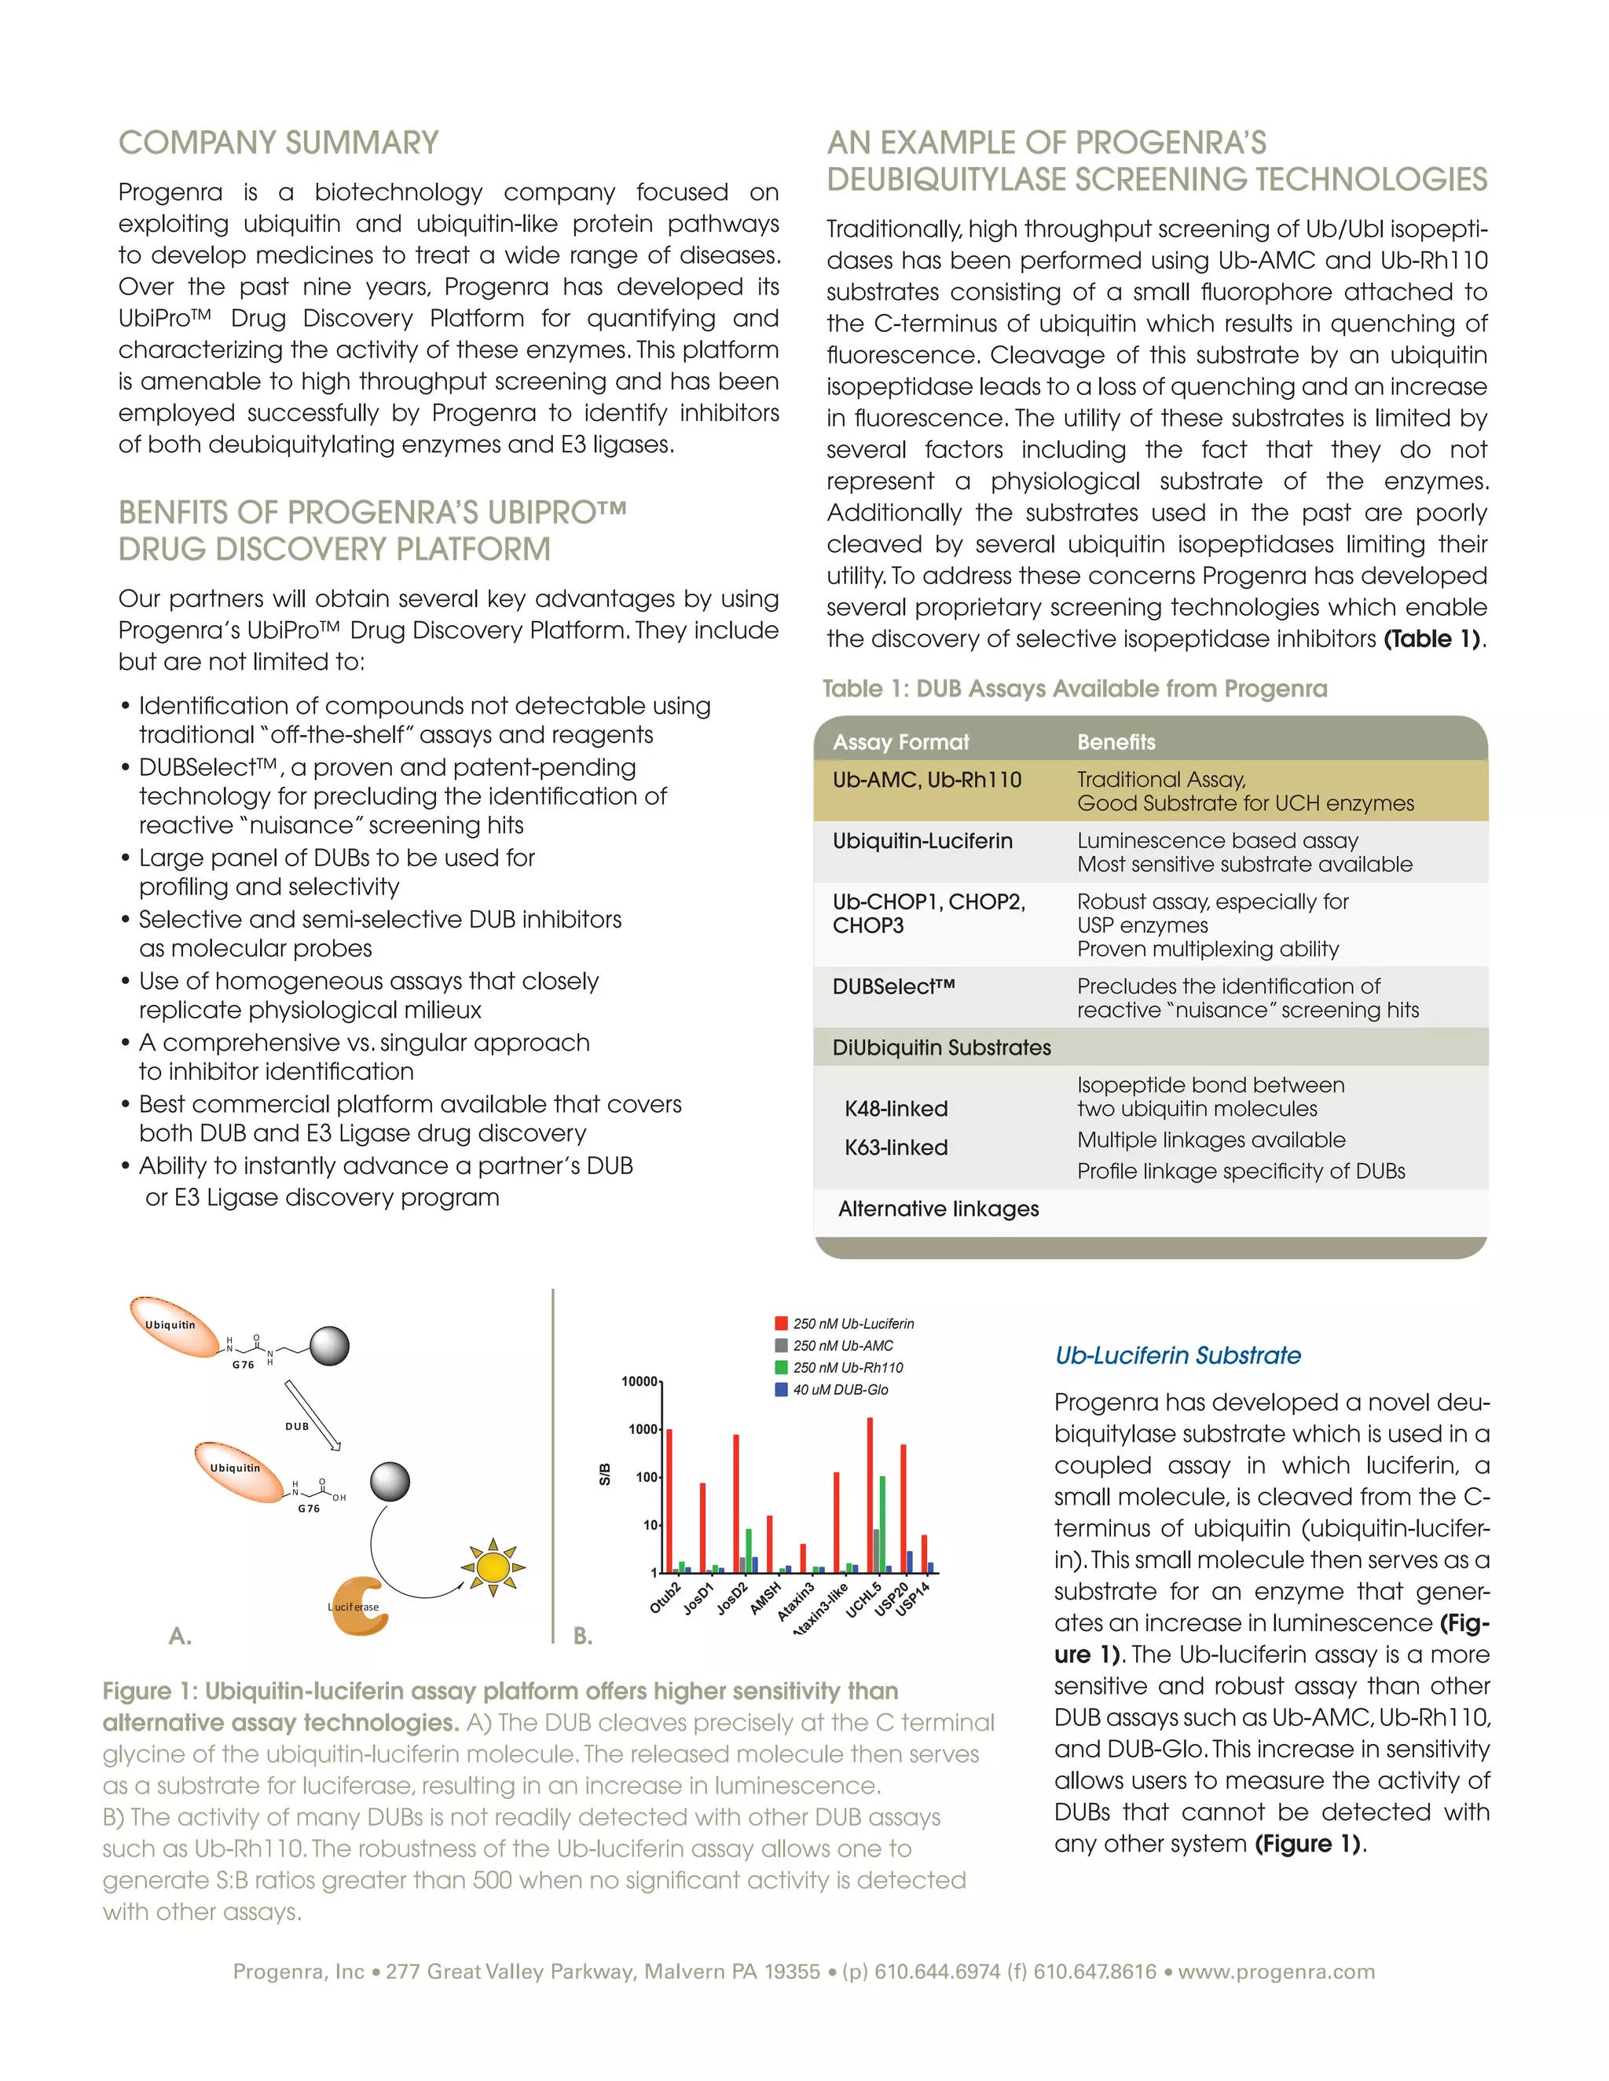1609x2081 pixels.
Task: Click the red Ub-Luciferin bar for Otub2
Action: pyautogui.click(x=669, y=1500)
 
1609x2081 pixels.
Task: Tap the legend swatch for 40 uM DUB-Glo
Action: pyautogui.click(x=782, y=1389)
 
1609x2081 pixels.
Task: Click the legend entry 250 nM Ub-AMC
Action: pyautogui.click(x=843, y=1345)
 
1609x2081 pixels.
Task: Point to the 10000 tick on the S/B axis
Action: pyautogui.click(x=640, y=1381)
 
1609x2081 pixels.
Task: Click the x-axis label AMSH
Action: pyautogui.click(x=764, y=1597)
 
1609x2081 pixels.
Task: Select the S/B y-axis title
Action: pyautogui.click(x=604, y=1474)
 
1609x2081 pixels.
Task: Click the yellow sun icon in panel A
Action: pyautogui.click(x=493, y=1567)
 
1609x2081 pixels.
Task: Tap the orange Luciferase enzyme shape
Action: pyautogui.click(x=358, y=1607)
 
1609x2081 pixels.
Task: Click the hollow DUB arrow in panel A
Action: pyautogui.click(x=312, y=1415)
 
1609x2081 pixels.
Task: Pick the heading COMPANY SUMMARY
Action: pyautogui.click(x=278, y=143)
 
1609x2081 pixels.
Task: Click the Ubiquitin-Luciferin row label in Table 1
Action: pyautogui.click(x=922, y=840)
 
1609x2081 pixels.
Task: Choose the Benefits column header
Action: pyautogui.click(x=1116, y=741)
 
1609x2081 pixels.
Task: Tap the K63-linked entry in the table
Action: pyautogui.click(x=896, y=1147)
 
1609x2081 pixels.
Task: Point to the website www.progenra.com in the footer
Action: pyautogui.click(x=1275, y=1971)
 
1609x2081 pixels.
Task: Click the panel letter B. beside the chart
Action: pyautogui.click(x=582, y=1636)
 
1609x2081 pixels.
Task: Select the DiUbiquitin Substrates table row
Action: pyautogui.click(x=940, y=1047)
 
